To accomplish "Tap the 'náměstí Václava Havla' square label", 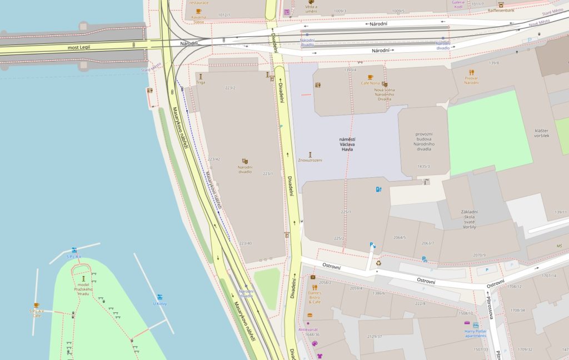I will pos(348,144).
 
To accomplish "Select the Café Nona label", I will pos(370,83).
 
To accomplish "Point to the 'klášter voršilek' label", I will pos(542,133).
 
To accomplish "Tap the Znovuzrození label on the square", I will pos(310,160).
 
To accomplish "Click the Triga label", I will pos(201,83).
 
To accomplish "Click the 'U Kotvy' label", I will pos(160,303).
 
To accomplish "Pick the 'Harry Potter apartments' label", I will pos(475,334).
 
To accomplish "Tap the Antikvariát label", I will pos(308,329).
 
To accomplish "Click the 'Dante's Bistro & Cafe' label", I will pos(315,299).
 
